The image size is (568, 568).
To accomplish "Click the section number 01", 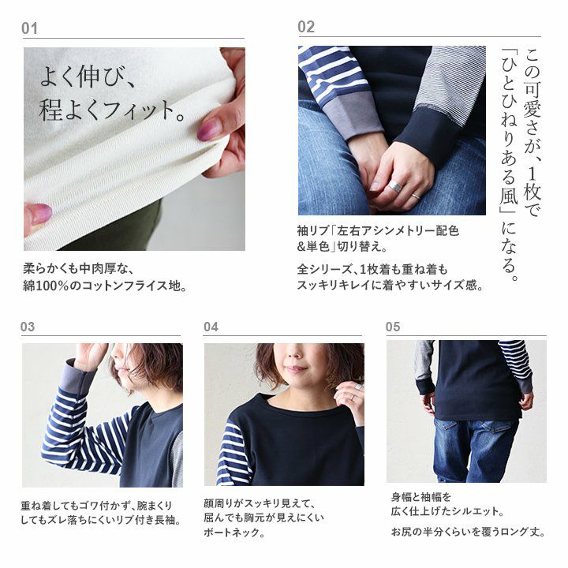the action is point(29,28).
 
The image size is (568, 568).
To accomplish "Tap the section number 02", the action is point(306,27).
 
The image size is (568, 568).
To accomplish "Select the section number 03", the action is point(28,327).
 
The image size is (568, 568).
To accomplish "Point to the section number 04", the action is point(211,327).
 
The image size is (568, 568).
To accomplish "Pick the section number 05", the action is point(393,327).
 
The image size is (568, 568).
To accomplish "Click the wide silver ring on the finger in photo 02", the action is point(395,186).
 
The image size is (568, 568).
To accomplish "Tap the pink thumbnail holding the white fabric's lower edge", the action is point(40,213).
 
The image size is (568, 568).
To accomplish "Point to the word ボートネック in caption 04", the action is point(231,532).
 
